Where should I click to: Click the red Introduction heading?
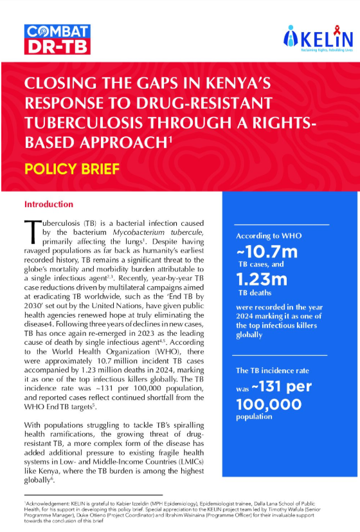49,204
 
